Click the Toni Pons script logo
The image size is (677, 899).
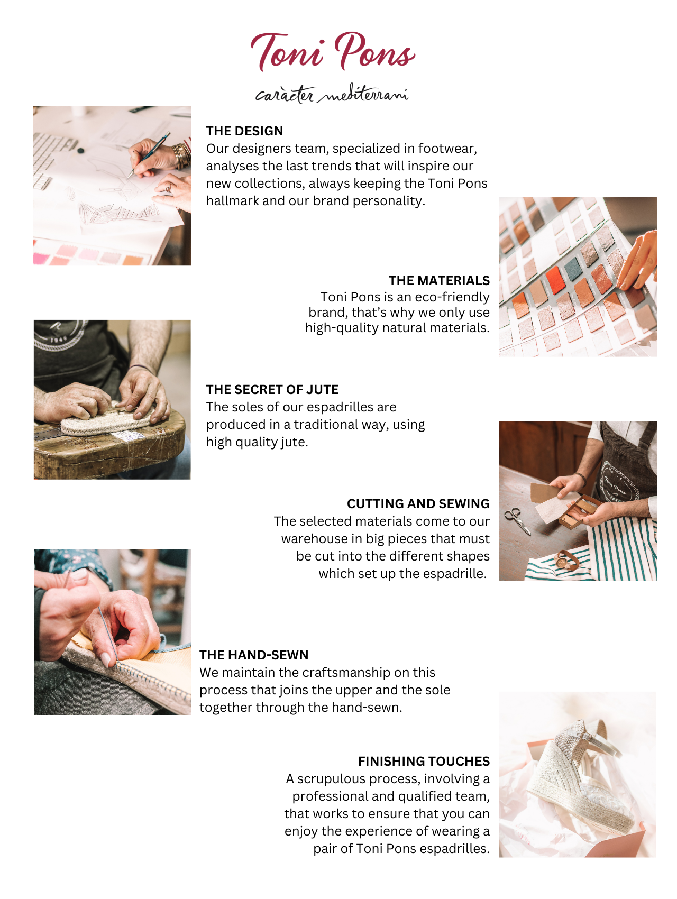(x=333, y=51)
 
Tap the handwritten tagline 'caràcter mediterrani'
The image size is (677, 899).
(x=332, y=94)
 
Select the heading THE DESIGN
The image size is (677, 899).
(x=244, y=131)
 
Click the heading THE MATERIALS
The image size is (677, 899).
(x=439, y=280)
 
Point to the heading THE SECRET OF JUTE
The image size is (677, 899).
(x=272, y=390)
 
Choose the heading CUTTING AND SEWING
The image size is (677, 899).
(x=418, y=503)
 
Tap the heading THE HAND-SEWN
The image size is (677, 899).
(x=254, y=655)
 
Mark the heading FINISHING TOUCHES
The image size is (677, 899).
(x=424, y=762)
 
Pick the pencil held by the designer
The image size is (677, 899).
(x=149, y=154)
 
